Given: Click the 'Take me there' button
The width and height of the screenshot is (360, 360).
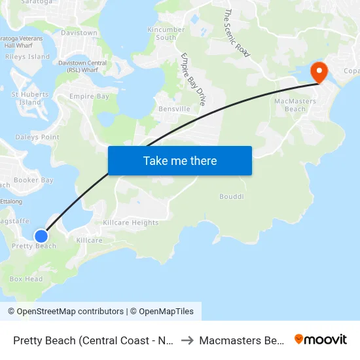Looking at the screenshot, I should (x=180, y=160).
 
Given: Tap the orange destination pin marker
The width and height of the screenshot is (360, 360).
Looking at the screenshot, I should (x=319, y=71).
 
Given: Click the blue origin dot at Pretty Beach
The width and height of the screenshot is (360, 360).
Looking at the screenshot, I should (x=41, y=236).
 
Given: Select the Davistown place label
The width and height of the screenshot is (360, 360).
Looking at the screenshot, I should (x=79, y=33).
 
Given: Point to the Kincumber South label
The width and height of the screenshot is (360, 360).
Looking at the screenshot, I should (x=162, y=33).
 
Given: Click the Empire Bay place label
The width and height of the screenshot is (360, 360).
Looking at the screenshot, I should (x=89, y=96).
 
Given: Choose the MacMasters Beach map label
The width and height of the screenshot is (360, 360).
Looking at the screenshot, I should (x=295, y=105).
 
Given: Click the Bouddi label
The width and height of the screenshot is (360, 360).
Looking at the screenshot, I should (x=231, y=196).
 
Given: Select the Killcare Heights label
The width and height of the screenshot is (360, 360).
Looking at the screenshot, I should (x=131, y=223).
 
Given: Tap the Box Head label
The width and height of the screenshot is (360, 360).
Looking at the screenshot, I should (x=26, y=279).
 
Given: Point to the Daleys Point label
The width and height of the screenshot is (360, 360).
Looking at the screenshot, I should (x=37, y=137).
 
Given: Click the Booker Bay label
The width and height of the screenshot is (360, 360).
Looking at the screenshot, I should (x=33, y=180).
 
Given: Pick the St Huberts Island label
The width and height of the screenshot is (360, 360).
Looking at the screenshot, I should (x=30, y=98).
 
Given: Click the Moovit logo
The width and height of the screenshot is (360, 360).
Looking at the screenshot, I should (x=321, y=339).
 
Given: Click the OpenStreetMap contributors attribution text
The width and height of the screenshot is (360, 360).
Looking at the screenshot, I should (x=70, y=312).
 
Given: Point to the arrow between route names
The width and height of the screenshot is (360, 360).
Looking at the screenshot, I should (x=186, y=340).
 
